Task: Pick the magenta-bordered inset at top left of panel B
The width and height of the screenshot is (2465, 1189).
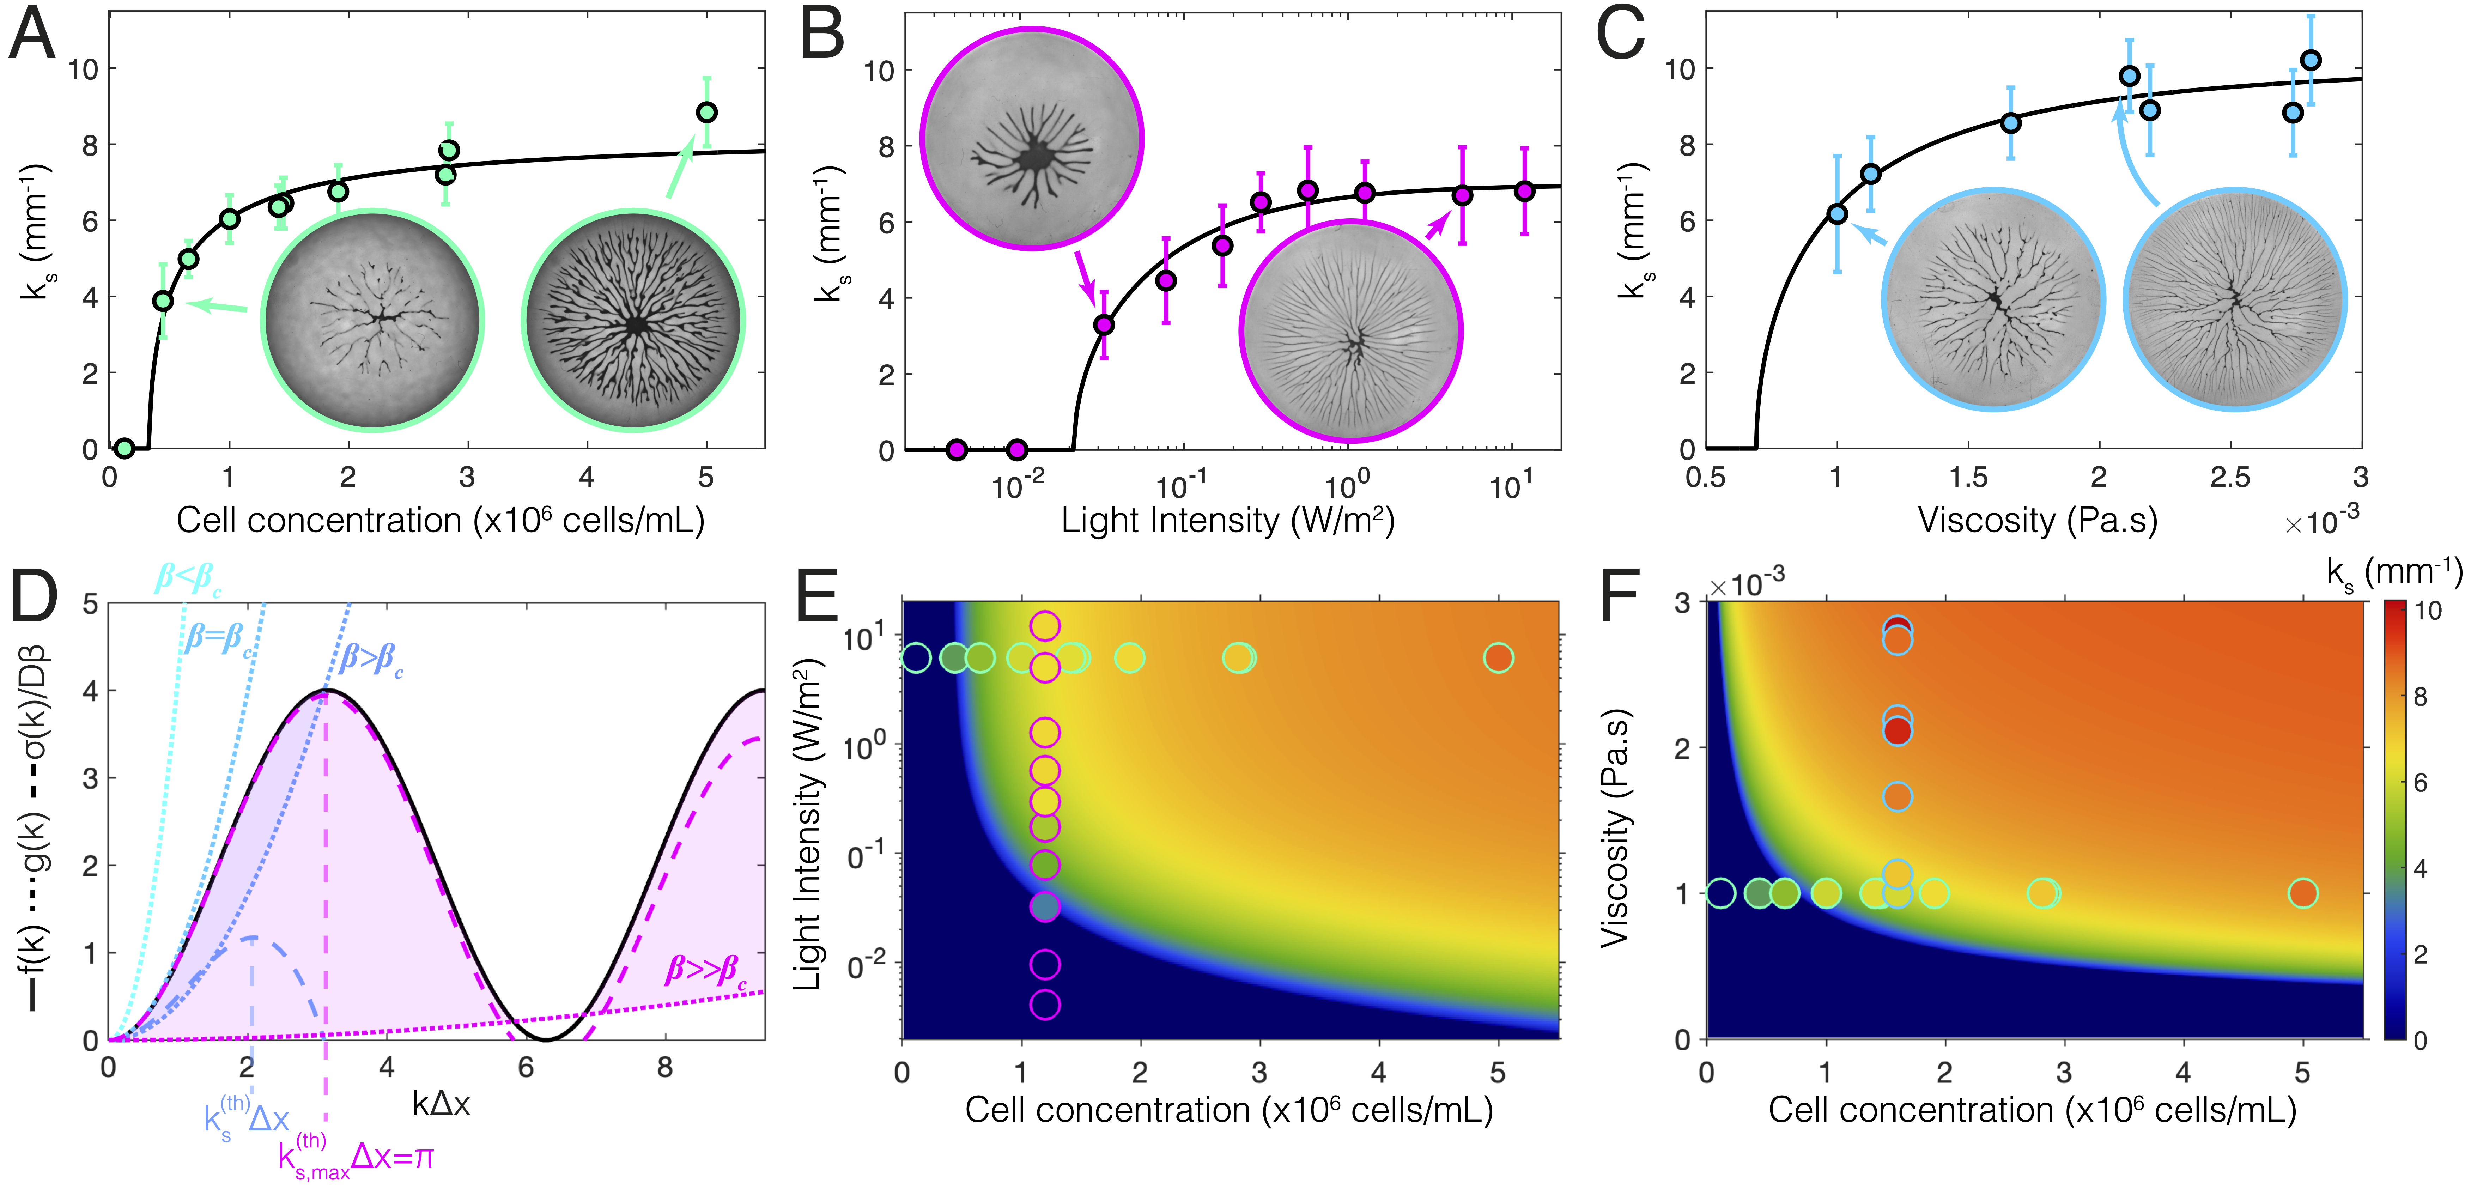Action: point(1032,139)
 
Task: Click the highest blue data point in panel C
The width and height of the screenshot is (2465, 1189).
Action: point(2310,60)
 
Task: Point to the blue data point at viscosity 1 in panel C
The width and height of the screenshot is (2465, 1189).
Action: point(1836,213)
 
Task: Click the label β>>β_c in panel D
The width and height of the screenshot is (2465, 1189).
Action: point(706,971)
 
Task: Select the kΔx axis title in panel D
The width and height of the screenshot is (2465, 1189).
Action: point(441,1105)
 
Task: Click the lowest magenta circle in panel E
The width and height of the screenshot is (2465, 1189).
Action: point(1045,1004)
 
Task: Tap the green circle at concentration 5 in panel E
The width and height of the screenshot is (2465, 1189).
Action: point(1499,658)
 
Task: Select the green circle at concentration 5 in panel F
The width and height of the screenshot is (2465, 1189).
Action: point(2302,893)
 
